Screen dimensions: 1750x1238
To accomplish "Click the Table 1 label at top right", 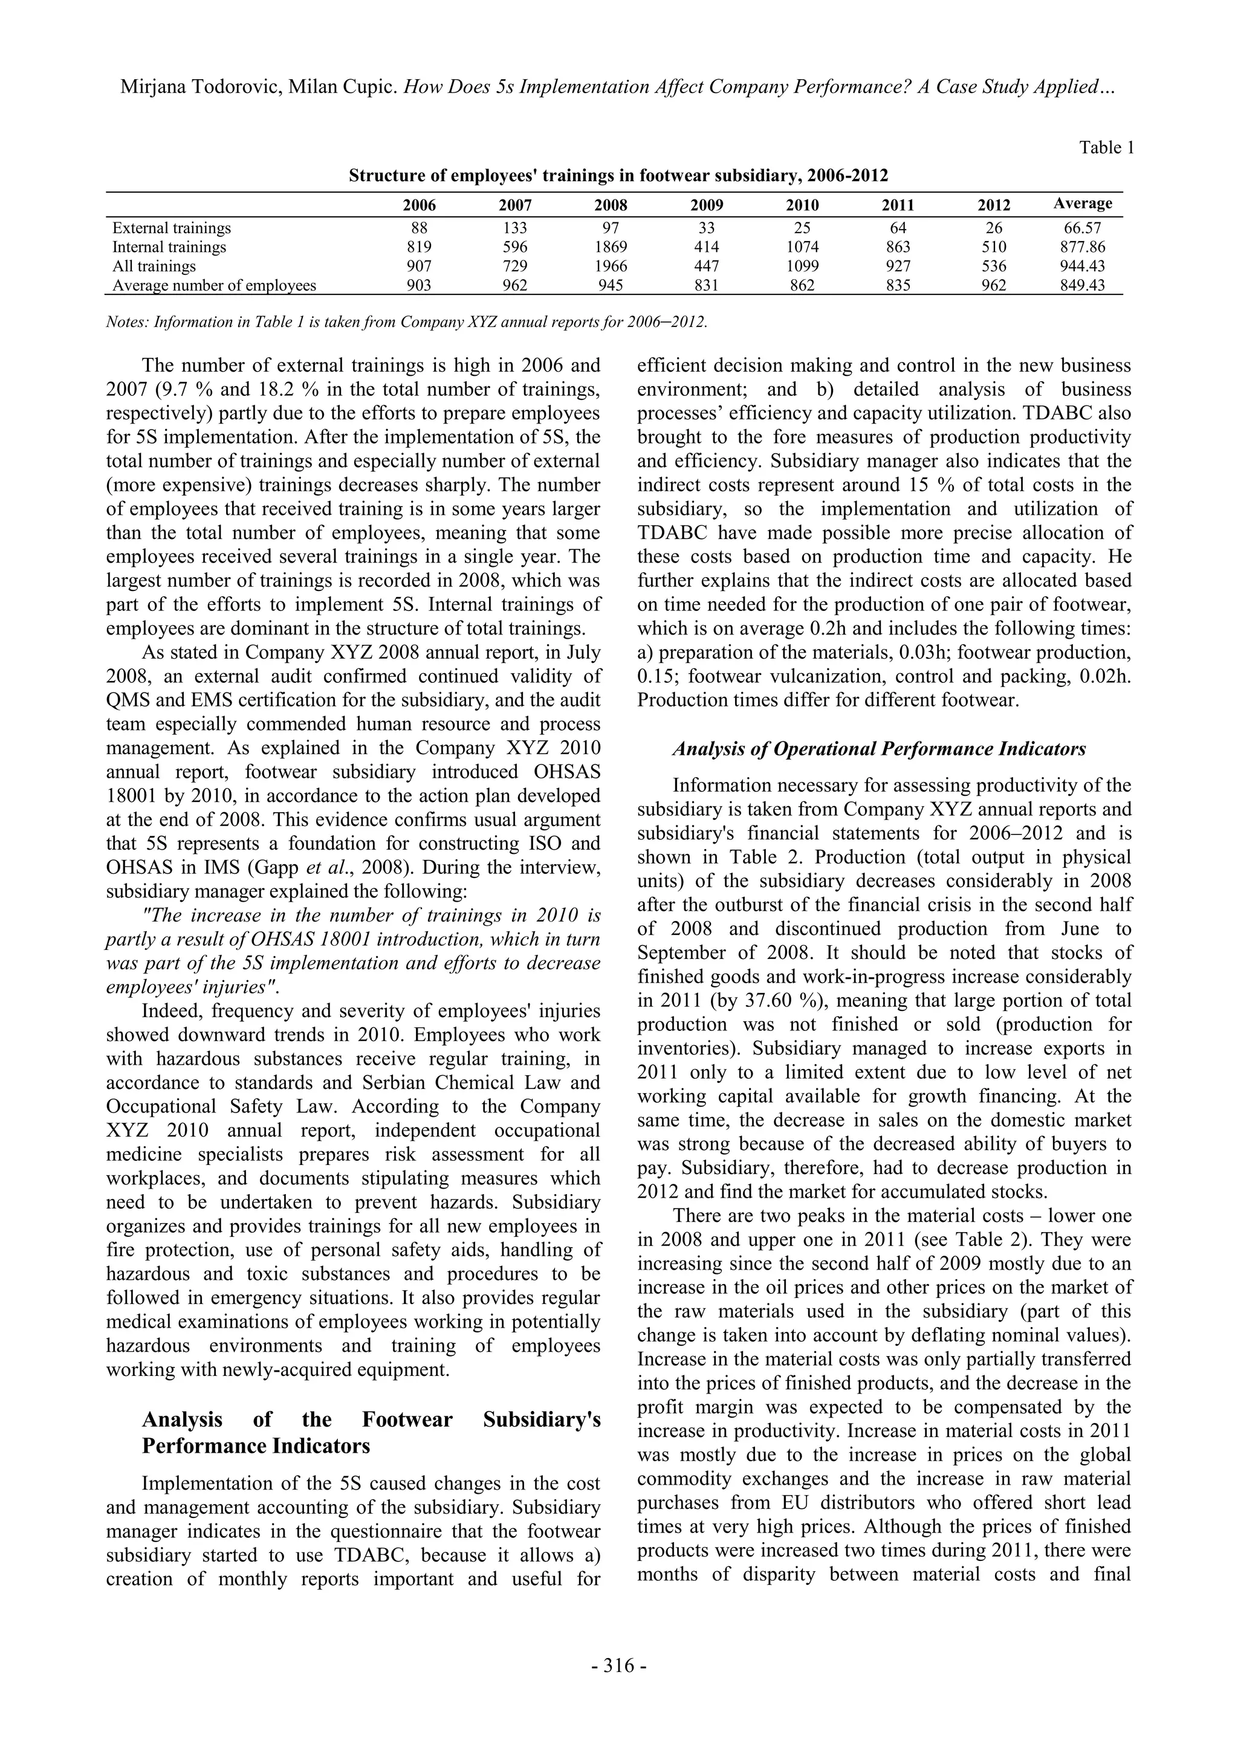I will pos(1106,148).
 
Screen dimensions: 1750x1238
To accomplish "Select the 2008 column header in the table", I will pos(611,205).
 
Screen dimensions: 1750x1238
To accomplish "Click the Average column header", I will pos(1083,204).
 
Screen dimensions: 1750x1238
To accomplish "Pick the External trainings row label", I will pos(172,228).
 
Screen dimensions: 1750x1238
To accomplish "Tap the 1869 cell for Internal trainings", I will pos(611,247).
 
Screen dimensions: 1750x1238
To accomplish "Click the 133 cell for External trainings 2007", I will pos(514,228).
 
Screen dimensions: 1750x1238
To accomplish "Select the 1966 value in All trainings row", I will pos(611,266).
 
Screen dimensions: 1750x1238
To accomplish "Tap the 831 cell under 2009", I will pos(707,286).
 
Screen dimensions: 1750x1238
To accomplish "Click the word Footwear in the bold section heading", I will pos(406,1419).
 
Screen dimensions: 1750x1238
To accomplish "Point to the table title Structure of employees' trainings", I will pos(618,176).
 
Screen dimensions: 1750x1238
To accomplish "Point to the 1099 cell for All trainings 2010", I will pos(802,266).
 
